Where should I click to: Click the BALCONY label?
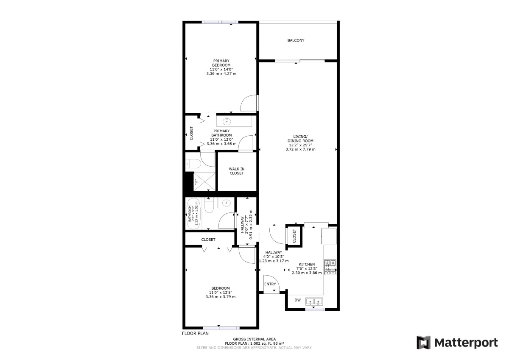296,40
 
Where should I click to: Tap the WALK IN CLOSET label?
237,171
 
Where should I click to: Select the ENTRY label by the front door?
270,284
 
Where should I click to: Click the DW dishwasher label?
297,300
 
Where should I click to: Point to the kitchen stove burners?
330,267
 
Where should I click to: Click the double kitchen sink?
314,301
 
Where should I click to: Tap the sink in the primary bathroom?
227,122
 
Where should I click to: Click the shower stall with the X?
204,181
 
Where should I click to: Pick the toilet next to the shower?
193,163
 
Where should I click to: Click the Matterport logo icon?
424,343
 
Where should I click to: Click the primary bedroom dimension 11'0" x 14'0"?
221,70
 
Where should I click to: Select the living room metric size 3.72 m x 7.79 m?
300,149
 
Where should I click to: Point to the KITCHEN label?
307,264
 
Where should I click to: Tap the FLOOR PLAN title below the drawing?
195,333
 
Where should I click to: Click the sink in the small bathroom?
227,202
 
